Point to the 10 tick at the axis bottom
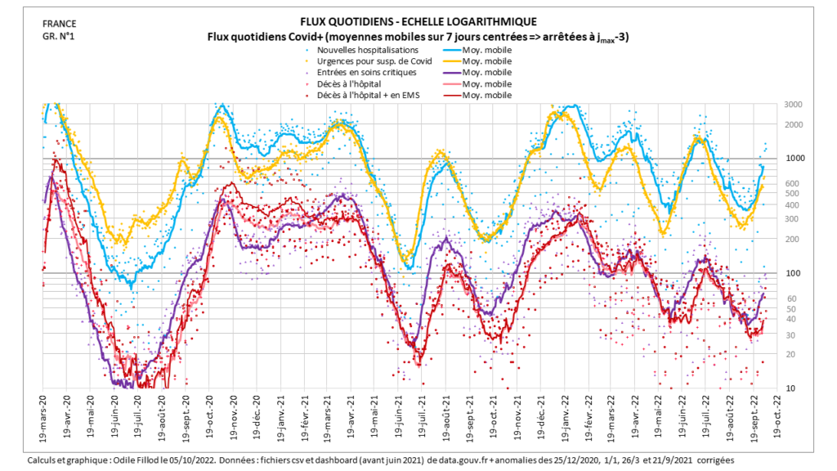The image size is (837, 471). (x=790, y=388)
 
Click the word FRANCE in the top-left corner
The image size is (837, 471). (x=58, y=24)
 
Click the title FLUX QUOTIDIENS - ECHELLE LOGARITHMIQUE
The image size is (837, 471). (x=418, y=22)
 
